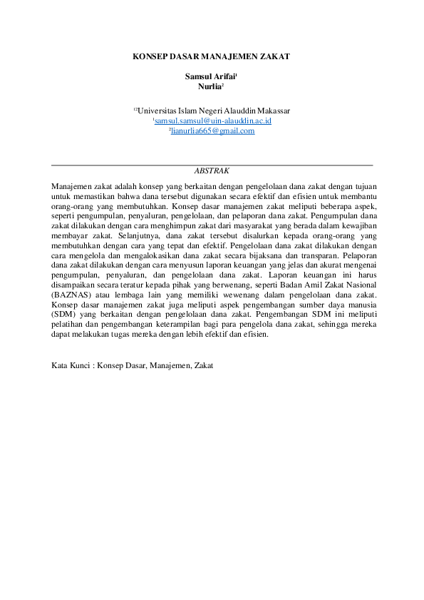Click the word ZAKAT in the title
pos(276,56)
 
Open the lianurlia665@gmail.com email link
pos(213,131)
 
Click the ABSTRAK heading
pos(212,171)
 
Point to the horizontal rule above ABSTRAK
pos(212,165)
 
